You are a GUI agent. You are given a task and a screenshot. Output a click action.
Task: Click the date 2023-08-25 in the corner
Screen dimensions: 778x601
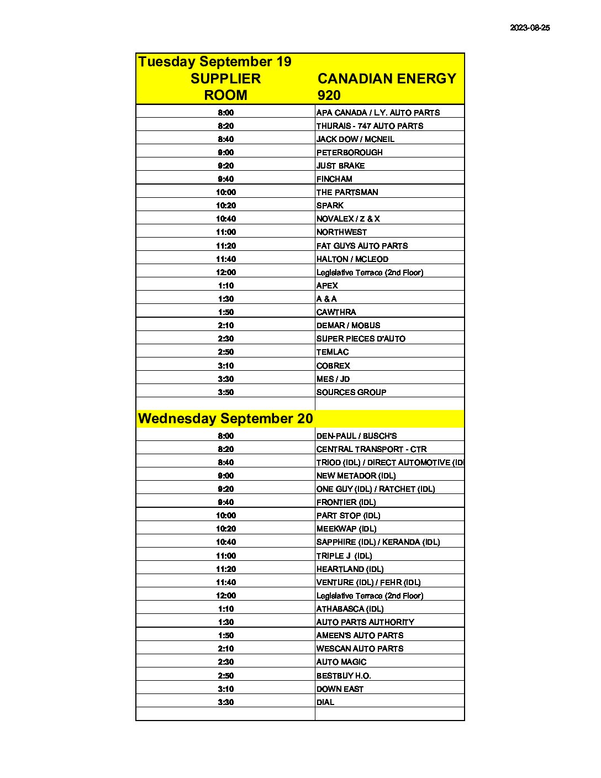coord(530,28)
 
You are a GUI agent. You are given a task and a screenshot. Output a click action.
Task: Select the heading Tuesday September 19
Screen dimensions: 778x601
coord(215,61)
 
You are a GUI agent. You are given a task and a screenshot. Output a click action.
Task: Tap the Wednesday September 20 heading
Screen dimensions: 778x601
coord(225,418)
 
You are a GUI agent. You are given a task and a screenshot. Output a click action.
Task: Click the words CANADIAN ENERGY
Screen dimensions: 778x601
coord(387,78)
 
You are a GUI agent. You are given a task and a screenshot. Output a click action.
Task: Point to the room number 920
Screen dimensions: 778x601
coord(329,95)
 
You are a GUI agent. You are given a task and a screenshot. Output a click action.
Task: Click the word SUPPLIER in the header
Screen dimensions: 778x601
coord(225,78)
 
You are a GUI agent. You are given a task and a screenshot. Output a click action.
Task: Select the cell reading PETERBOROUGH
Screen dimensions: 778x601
coord(350,153)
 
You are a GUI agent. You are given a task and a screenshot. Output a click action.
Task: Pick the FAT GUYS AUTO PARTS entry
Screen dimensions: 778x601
coord(362,246)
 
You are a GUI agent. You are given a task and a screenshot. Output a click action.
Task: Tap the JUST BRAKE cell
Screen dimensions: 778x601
coord(340,166)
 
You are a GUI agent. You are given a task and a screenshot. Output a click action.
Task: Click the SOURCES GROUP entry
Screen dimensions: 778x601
coord(351,392)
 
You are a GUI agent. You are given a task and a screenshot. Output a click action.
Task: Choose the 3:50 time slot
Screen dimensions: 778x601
coord(225,392)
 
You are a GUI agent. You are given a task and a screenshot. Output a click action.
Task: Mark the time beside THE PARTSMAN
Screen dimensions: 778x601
coord(225,192)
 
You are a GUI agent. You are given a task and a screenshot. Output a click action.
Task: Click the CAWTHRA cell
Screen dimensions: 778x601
coord(336,312)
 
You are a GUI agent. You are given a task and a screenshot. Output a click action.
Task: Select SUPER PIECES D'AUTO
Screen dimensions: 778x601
coord(361,339)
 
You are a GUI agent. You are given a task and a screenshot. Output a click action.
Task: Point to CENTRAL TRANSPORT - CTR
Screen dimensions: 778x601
coord(371,449)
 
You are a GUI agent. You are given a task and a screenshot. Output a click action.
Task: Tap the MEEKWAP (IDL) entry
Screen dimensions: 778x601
coord(346,529)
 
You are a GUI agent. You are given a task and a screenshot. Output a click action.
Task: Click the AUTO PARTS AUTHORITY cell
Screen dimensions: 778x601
coord(365,622)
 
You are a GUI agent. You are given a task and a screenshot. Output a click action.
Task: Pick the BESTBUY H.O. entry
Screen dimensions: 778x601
coord(344,676)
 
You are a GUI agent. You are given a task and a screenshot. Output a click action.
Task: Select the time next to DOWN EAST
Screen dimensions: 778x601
coord(225,689)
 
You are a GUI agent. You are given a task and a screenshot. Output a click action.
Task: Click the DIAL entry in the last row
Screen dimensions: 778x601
coord(325,702)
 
